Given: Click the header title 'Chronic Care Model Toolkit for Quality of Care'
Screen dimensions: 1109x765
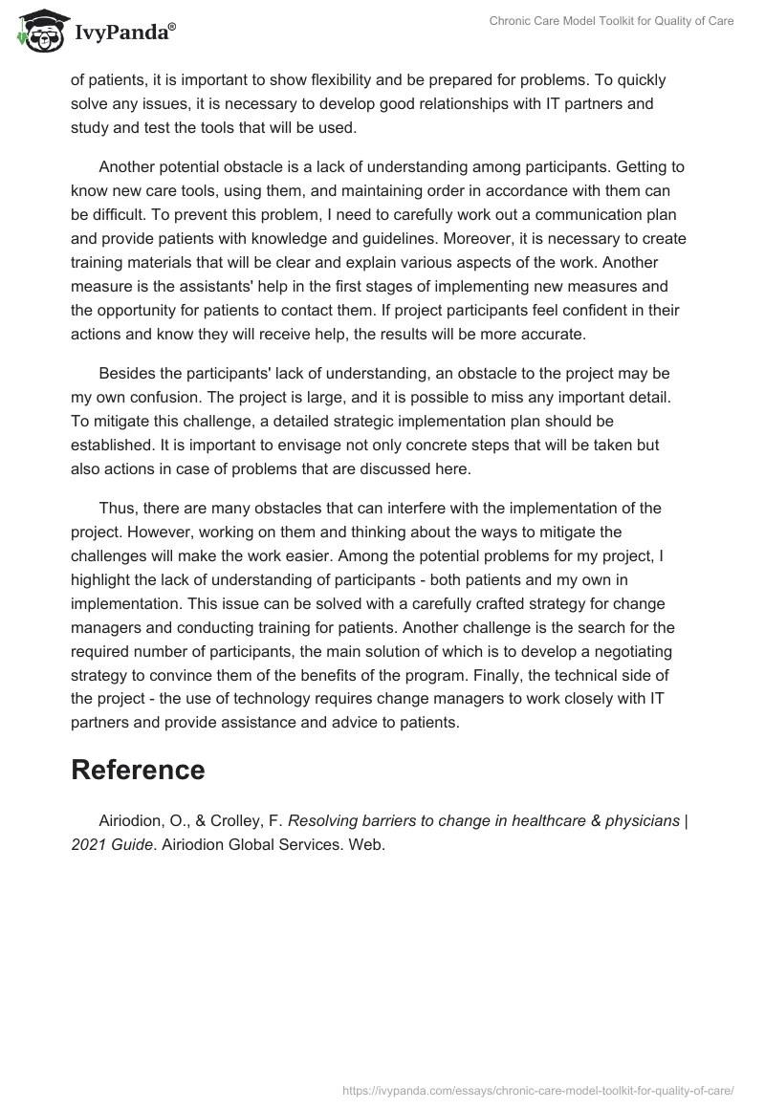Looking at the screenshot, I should pos(610,21).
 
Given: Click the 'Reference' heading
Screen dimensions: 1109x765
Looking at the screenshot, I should pos(138,770).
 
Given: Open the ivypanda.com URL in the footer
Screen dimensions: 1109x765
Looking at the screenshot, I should pos(537,1089).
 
